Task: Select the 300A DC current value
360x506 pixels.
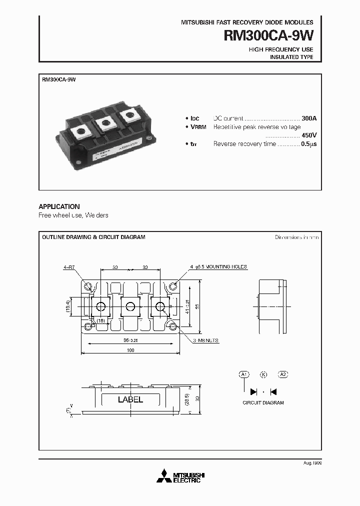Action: [x=309, y=118]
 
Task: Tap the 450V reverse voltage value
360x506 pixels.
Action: [x=309, y=135]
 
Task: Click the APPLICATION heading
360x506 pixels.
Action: [x=59, y=206]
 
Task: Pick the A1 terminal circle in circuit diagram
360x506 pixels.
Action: [x=244, y=374]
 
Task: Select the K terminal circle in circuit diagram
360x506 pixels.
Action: [x=263, y=374]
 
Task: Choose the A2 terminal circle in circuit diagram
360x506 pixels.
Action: [x=282, y=374]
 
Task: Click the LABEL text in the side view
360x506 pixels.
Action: [x=130, y=399]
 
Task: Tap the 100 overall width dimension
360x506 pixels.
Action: [x=130, y=350]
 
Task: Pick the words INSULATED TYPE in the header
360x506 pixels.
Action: [x=291, y=57]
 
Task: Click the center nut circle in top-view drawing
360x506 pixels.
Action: [x=131, y=306]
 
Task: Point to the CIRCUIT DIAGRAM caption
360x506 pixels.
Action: [x=263, y=402]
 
